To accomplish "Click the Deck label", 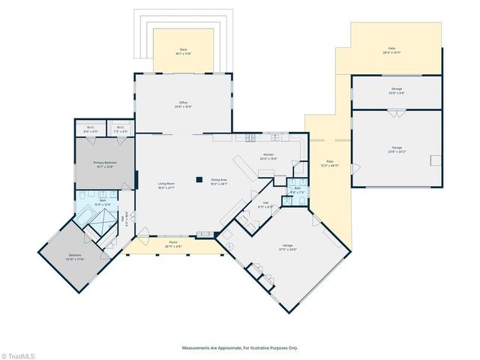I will [183, 51].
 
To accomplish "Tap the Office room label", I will [183, 104].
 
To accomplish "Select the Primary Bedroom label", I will [104, 163].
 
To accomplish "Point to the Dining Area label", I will [220, 181].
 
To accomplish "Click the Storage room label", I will [397, 91].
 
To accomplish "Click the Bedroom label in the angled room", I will [75, 257].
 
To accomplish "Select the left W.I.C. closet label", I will [90, 127].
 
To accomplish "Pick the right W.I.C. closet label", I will [120, 127].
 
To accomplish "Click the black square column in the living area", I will [199, 179].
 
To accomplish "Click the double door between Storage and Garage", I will [397, 111].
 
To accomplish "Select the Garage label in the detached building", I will [397, 149].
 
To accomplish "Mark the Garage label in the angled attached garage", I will [286, 247].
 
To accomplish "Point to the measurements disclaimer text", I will [240, 348].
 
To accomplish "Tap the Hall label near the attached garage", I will [264, 205].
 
